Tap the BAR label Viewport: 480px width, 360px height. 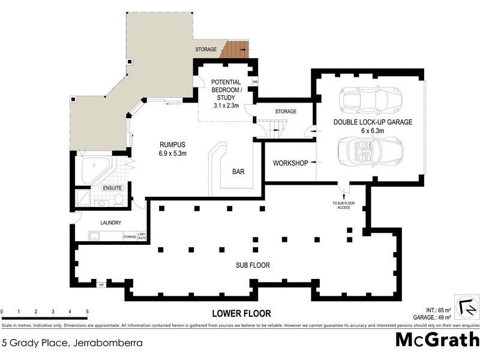click(238, 172)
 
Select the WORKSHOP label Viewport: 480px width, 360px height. click(290, 163)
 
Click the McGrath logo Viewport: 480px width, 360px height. click(436, 340)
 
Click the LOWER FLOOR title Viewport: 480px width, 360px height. click(241, 313)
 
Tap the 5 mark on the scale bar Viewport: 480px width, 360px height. click(88, 311)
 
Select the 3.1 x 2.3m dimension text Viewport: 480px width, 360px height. click(226, 105)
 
